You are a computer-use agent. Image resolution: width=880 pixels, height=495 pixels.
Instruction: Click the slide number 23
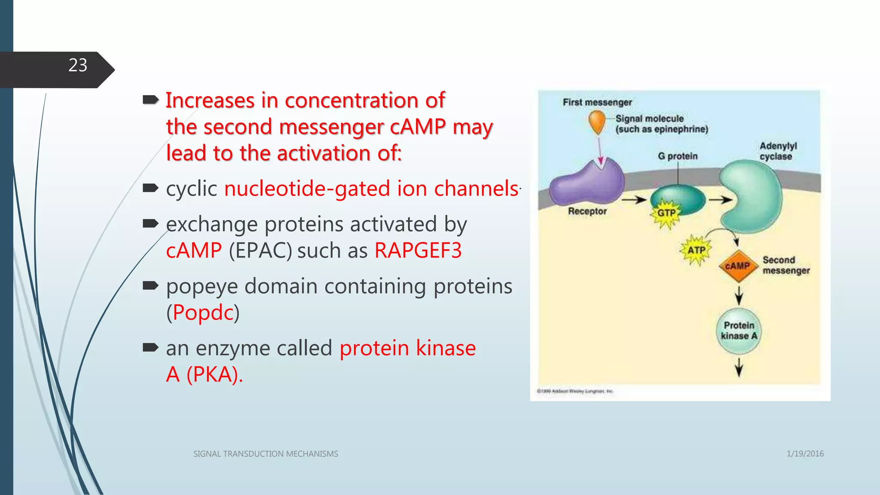78,66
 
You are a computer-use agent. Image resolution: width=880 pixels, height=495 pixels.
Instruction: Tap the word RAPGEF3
418,251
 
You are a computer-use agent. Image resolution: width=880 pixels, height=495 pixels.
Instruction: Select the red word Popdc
203,312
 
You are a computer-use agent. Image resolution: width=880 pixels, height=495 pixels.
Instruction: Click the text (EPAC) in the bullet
260,251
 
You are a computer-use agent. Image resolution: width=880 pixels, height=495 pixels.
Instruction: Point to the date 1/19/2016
805,454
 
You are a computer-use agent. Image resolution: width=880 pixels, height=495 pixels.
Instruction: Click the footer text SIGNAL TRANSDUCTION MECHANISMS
266,454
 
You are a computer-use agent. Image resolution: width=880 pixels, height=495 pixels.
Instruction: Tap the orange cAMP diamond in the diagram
737,266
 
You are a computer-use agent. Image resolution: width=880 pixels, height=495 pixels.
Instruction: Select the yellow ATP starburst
696,250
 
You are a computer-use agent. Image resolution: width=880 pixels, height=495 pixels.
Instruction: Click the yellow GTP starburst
666,213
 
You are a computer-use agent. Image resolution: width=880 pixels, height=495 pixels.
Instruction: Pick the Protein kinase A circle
739,331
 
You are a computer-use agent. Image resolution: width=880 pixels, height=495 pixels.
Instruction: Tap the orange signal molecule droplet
597,122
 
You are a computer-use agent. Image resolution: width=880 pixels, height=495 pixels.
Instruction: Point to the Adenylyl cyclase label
778,151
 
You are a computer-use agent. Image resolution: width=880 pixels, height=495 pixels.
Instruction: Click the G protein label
678,156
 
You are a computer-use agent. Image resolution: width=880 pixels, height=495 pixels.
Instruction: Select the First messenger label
597,103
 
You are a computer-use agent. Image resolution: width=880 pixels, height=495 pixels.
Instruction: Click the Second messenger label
785,266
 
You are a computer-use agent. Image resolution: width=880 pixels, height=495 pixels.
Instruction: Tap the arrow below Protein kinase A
739,367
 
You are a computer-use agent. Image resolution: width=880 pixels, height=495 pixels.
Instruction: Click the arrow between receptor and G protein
634,200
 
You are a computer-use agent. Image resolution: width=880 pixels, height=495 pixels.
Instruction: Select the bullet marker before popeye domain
150,286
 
